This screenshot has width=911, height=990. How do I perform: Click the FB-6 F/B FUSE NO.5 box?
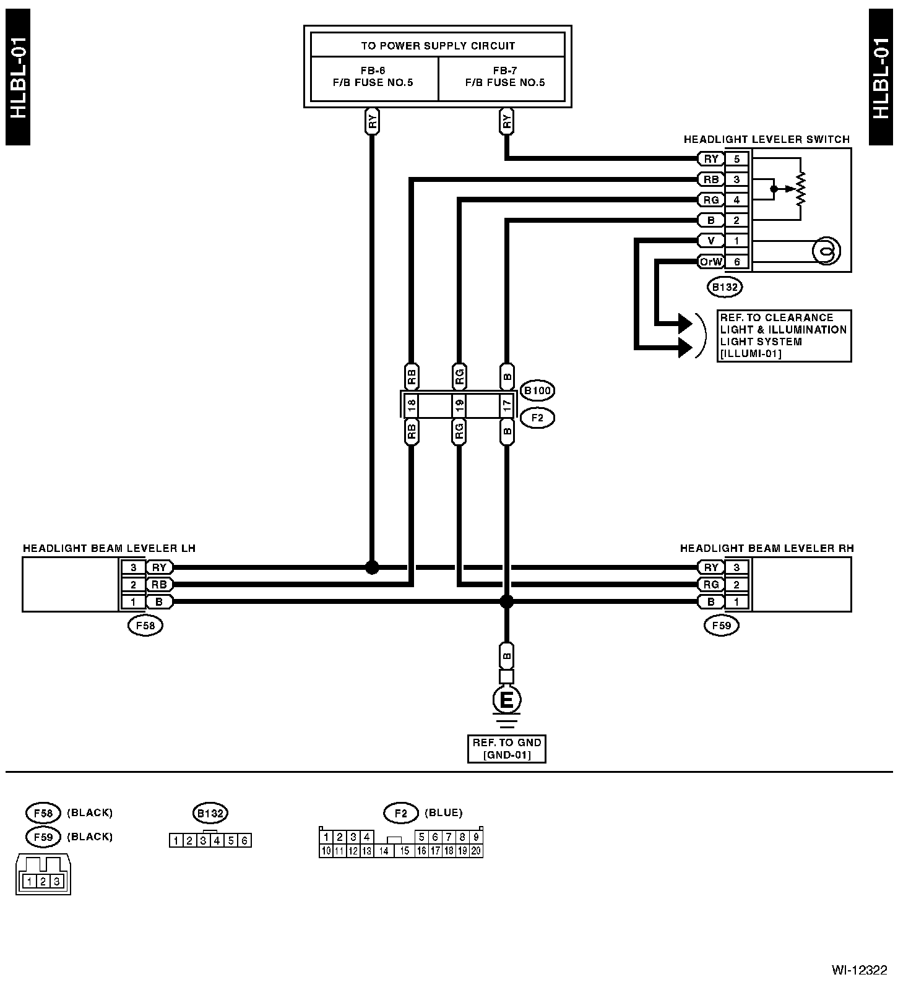374,79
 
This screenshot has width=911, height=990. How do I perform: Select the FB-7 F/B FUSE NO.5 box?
502,79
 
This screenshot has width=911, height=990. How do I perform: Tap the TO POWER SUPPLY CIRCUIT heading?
438,46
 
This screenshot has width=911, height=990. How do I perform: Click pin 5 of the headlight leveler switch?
736,159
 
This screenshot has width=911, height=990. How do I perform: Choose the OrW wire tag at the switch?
710,262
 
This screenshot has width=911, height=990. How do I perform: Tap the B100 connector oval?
537,391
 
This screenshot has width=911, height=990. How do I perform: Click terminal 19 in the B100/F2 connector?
459,406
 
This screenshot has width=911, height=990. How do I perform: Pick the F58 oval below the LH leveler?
145,626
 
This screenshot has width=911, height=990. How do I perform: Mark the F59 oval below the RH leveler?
722,626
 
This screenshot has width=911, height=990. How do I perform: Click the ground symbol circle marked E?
506,700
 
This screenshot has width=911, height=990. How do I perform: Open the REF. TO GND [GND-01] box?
506,749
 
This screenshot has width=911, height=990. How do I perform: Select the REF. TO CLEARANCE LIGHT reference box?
784,336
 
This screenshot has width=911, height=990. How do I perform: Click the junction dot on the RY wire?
372,567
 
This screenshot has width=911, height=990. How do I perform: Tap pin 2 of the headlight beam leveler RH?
736,584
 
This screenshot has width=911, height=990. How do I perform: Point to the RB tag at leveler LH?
159,584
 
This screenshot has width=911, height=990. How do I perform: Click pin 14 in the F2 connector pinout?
384,851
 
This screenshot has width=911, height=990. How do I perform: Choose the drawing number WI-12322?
859,970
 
